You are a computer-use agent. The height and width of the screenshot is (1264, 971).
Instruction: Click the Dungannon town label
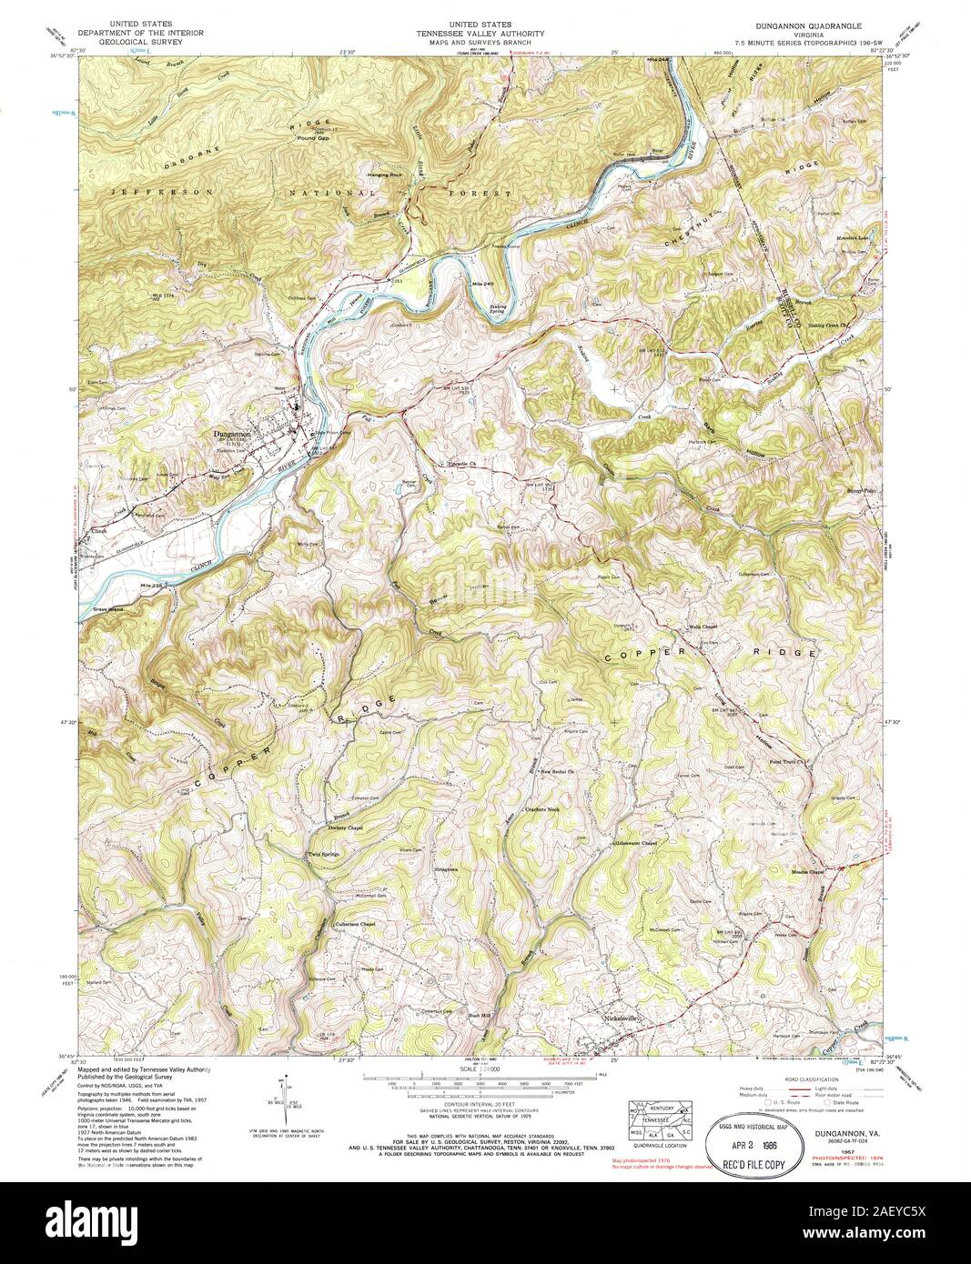click(231, 435)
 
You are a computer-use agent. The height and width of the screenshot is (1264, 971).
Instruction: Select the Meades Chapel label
click(806, 871)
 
